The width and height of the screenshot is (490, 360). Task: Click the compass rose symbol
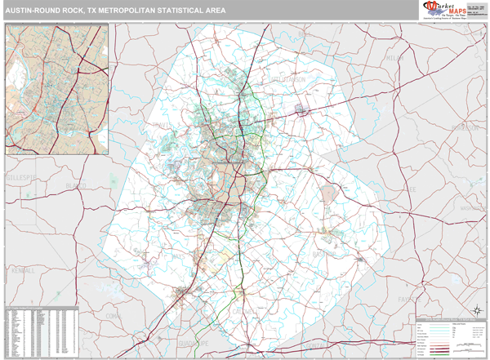[475, 309]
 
